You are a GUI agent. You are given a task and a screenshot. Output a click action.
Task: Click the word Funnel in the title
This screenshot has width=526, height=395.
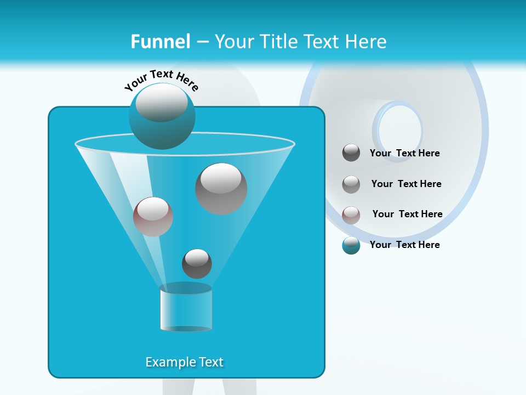coord(160,42)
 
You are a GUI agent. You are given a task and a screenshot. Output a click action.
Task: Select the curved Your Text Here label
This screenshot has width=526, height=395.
coord(162,80)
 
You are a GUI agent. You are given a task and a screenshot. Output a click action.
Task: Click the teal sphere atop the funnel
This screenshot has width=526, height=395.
coord(162,116)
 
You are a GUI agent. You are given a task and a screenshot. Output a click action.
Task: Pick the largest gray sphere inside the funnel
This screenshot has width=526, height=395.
coord(221,188)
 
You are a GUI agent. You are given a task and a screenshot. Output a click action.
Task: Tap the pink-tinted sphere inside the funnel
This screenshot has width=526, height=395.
coord(153,216)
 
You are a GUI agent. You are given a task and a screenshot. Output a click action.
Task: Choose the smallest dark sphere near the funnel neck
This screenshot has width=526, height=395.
coord(197,263)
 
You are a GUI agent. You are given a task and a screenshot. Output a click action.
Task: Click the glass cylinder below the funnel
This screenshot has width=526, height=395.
coord(186,308)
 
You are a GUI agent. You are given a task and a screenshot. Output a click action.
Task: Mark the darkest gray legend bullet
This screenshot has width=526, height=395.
coord(351,153)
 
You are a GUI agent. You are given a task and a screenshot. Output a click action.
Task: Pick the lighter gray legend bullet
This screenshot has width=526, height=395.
coord(351,184)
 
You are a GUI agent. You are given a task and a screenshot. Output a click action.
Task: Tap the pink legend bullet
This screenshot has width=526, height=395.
coord(351,215)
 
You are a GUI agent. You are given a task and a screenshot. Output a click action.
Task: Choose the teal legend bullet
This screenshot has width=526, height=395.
coord(351,245)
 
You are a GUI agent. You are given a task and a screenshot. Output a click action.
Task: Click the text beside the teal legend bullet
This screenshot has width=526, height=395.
coord(404,245)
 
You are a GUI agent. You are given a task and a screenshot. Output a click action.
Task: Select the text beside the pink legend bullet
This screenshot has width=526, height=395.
coord(407,214)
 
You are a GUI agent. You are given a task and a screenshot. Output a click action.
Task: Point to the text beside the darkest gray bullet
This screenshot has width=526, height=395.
coord(404,153)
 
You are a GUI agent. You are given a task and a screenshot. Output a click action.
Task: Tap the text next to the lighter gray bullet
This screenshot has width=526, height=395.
coord(406,184)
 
